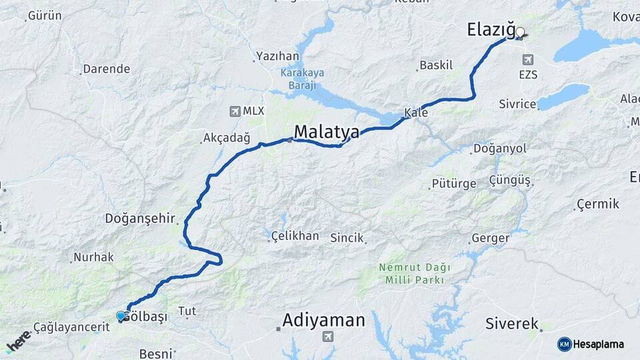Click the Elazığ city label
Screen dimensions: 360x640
pos(491,30)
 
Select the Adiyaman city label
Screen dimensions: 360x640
pos(323,321)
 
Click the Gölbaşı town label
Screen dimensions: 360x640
pos(146,316)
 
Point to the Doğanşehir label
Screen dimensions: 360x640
pos(139,219)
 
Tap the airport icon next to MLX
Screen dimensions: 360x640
pos(234,111)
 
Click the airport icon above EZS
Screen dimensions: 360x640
pos(528,59)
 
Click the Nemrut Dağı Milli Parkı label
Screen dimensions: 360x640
pos(415,274)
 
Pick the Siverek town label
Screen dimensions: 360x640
pos(511,324)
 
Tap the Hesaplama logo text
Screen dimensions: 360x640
pos(597,344)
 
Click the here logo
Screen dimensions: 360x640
pos(18,341)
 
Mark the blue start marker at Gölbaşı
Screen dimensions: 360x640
pos(121,316)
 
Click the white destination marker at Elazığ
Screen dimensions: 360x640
pos(520,31)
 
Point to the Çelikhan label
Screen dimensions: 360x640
pos(295,237)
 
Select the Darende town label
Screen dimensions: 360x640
pos(106,69)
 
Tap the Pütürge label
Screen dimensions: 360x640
pos(453,183)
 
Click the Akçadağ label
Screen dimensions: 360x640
pos(226,139)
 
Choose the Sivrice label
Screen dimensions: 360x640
pos(517,104)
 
